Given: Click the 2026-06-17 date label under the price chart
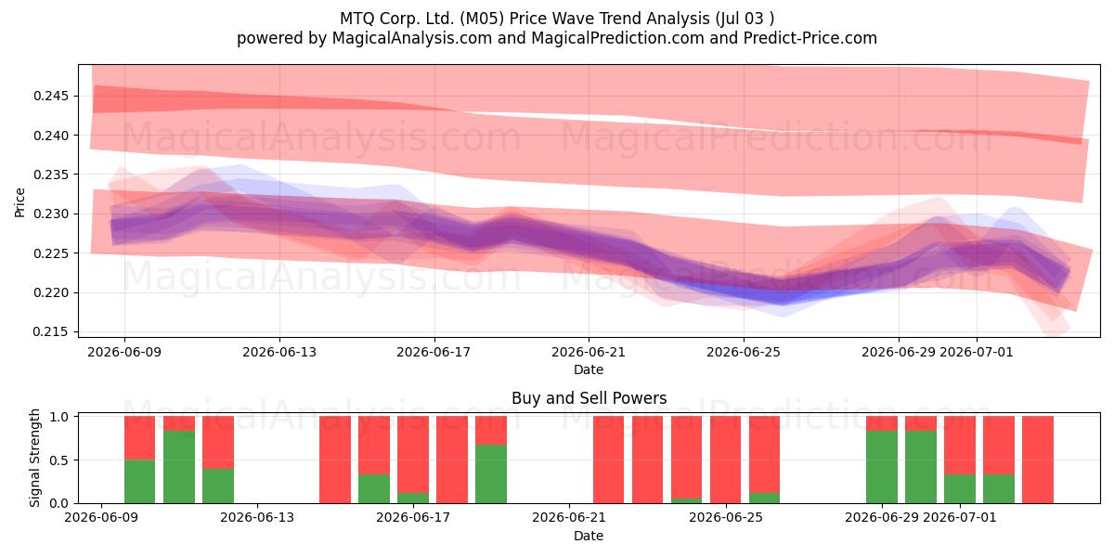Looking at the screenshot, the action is (434, 352).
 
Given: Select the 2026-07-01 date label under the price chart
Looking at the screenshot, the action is (977, 352).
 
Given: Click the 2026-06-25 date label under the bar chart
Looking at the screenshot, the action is (726, 517).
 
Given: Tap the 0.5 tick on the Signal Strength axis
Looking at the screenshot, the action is (60, 460).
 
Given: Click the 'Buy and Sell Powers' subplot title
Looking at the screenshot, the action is (589, 398).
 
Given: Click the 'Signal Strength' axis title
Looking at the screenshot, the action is (34, 458).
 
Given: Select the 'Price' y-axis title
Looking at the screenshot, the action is (19, 202).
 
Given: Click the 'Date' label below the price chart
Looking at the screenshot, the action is (589, 369).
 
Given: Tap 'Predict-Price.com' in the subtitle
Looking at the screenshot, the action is (810, 38).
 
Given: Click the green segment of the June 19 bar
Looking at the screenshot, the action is (491, 474).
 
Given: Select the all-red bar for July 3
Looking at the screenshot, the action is (1038, 460).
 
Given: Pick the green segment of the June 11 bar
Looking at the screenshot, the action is (179, 467).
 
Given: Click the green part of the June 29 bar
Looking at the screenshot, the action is (882, 467).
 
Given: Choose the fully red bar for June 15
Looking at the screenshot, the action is (335, 460).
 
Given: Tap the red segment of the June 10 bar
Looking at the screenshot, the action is (140, 437).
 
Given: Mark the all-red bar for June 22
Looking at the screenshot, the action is (608, 460).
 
